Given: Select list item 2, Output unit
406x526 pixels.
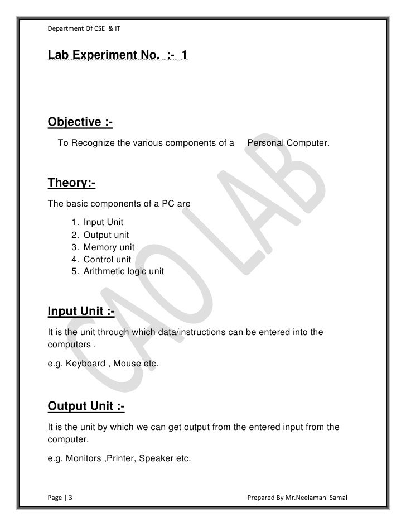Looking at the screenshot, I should [x=106, y=236].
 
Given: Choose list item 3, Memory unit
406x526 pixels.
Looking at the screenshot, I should [x=109, y=247].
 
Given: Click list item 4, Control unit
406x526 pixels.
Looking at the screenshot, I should [x=107, y=260].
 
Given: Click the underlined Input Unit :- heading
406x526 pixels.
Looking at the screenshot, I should [x=81, y=311].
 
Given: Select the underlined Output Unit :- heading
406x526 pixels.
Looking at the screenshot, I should [x=86, y=406].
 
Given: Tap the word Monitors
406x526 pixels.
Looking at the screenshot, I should [x=84, y=459].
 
